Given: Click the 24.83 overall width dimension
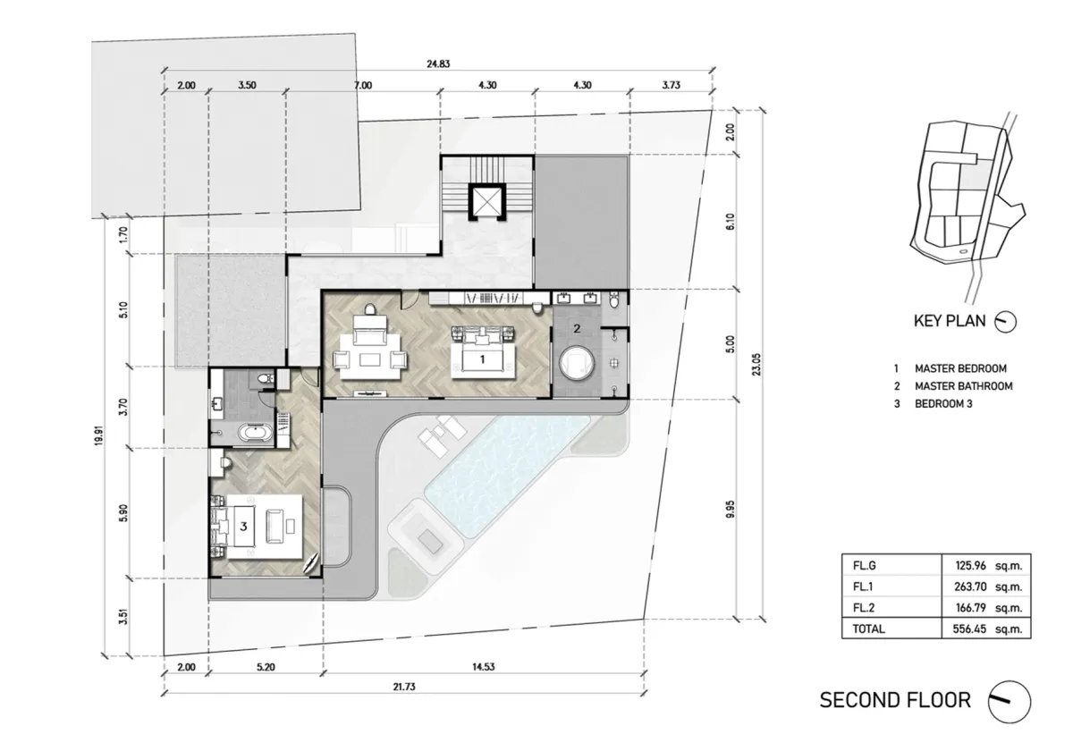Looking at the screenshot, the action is click(x=438, y=63).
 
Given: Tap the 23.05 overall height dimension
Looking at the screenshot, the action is click(x=756, y=365).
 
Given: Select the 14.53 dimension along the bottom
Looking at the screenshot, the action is click(x=483, y=667).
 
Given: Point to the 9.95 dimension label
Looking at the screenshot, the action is click(x=730, y=509).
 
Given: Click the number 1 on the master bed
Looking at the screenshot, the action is click(x=482, y=359).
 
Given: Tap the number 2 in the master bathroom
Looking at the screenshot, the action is click(x=577, y=329).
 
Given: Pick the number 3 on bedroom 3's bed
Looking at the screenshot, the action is click(x=243, y=527).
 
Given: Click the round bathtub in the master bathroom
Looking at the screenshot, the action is click(x=576, y=363).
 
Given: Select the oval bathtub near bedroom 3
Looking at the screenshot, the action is click(x=256, y=434).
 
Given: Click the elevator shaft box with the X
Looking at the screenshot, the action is click(x=487, y=201).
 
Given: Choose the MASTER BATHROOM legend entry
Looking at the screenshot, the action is click(x=963, y=386).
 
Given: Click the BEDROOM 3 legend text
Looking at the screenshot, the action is click(x=943, y=404).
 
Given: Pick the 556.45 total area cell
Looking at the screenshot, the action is click(x=969, y=629).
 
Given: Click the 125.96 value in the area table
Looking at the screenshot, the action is click(x=970, y=566).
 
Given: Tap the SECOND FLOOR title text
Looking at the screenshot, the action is click(x=895, y=700).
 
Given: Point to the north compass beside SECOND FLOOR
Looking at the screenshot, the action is click(x=1009, y=702).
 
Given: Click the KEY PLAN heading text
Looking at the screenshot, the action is click(x=950, y=321).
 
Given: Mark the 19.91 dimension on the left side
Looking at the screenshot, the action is click(x=98, y=435).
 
